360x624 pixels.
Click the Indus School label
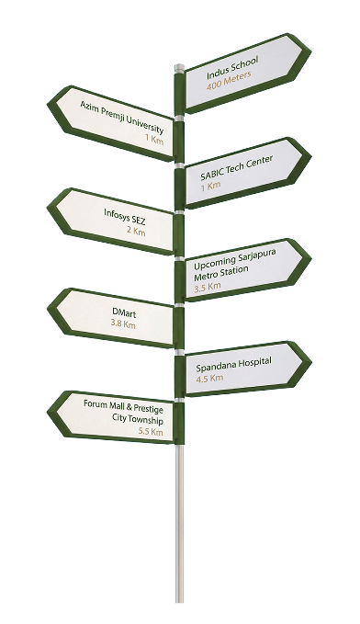(232, 67)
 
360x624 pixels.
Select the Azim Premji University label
(122, 117)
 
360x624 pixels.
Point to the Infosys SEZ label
(125, 217)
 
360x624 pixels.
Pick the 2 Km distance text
(137, 232)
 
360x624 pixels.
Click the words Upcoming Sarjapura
(235, 258)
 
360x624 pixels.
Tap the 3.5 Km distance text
(208, 287)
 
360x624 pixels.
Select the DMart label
(124, 313)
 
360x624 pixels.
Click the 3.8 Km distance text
(123, 323)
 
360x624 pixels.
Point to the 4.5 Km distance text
(209, 378)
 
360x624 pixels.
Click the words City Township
(137, 419)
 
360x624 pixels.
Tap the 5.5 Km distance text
(151, 431)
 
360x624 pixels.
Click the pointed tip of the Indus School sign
(310, 52)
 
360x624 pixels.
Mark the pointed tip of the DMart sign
(48, 309)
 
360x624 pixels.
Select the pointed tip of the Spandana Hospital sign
(311, 362)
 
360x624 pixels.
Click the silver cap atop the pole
(179, 68)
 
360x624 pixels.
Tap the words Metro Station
(221, 273)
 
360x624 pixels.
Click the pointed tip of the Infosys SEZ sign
(48, 208)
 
